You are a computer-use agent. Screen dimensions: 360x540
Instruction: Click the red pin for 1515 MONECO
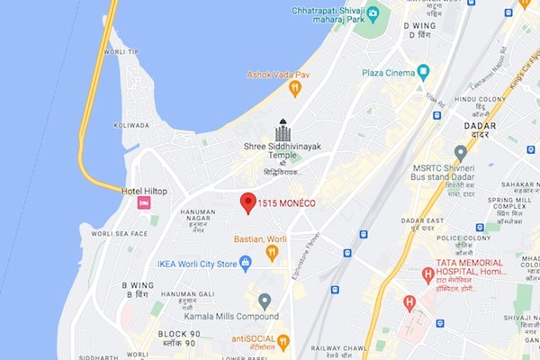pyautogui.click(x=248, y=202)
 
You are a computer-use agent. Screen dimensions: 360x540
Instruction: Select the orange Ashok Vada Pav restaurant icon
pyautogui.click(x=294, y=88)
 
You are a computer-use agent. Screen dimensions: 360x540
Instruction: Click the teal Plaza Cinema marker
pyautogui.click(x=423, y=71)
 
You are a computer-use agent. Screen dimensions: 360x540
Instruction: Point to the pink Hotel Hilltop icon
pyautogui.click(x=144, y=203)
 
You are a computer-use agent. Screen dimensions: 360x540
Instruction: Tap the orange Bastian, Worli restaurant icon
pyautogui.click(x=271, y=253)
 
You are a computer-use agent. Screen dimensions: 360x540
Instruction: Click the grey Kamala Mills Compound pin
pyautogui.click(x=265, y=301)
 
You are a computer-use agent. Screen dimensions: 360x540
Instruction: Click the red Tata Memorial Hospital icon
pyautogui.click(x=428, y=274)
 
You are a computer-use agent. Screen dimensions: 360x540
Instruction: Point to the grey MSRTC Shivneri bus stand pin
pyautogui.click(x=461, y=152)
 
